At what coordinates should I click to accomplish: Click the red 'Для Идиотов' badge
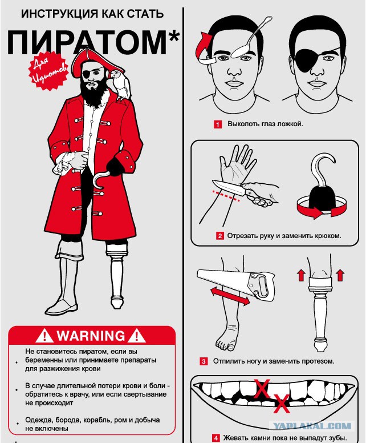tap(48, 71)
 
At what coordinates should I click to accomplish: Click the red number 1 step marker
tap(217, 124)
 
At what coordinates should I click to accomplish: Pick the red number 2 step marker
tap(220, 236)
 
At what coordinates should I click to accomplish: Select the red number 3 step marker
tap(204, 361)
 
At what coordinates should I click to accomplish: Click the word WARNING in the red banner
tap(91, 336)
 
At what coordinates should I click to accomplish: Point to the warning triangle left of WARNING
tap(44, 336)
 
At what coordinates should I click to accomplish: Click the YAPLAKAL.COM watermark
tap(313, 426)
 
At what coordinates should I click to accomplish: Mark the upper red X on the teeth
tap(262, 389)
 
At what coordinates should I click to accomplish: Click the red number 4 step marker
tap(216, 438)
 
